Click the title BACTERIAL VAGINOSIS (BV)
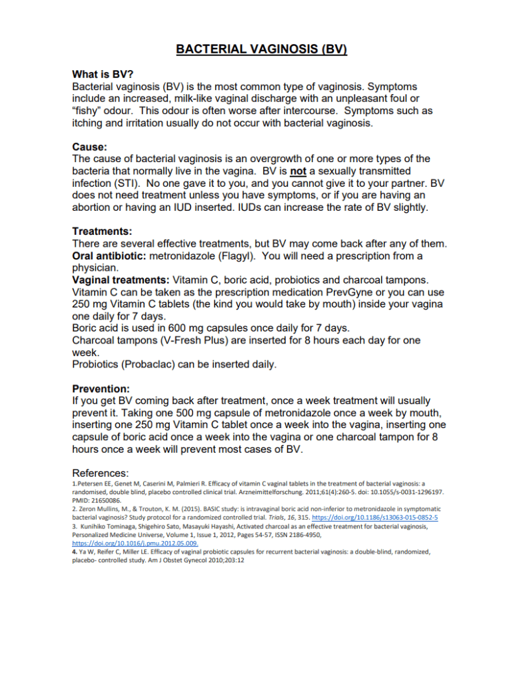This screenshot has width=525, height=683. coord(262,49)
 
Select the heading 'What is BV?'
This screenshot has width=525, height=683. coord(103,75)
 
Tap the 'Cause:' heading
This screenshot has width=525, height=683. coord(90,146)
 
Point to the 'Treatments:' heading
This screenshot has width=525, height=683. coord(102,231)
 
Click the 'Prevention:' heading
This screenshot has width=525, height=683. coord(101,388)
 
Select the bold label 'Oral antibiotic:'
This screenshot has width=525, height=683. coord(109,255)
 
